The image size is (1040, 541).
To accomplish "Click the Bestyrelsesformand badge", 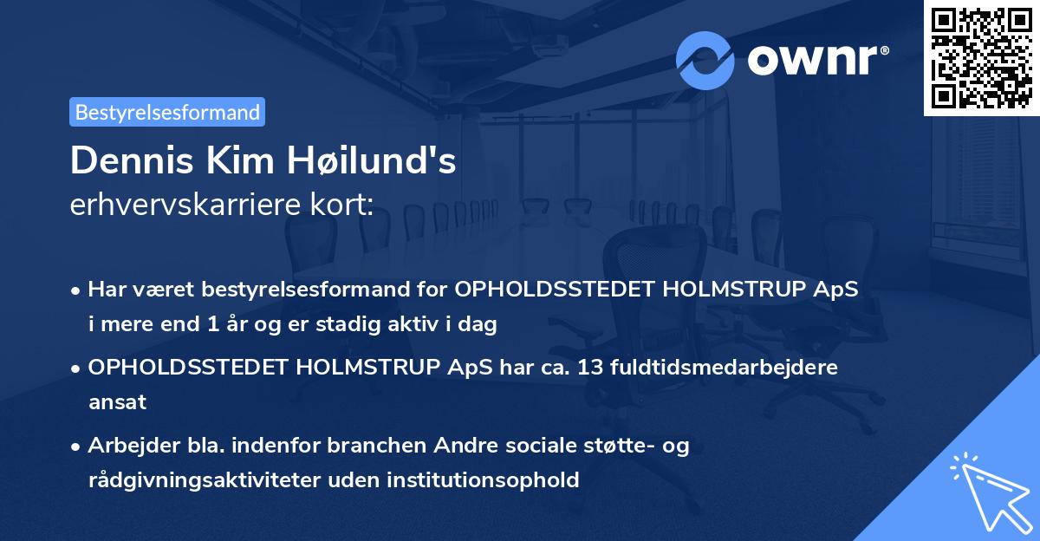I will [167, 112].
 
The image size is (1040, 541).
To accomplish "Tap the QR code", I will [981, 58].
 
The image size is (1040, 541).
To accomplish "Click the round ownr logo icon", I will [705, 60].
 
